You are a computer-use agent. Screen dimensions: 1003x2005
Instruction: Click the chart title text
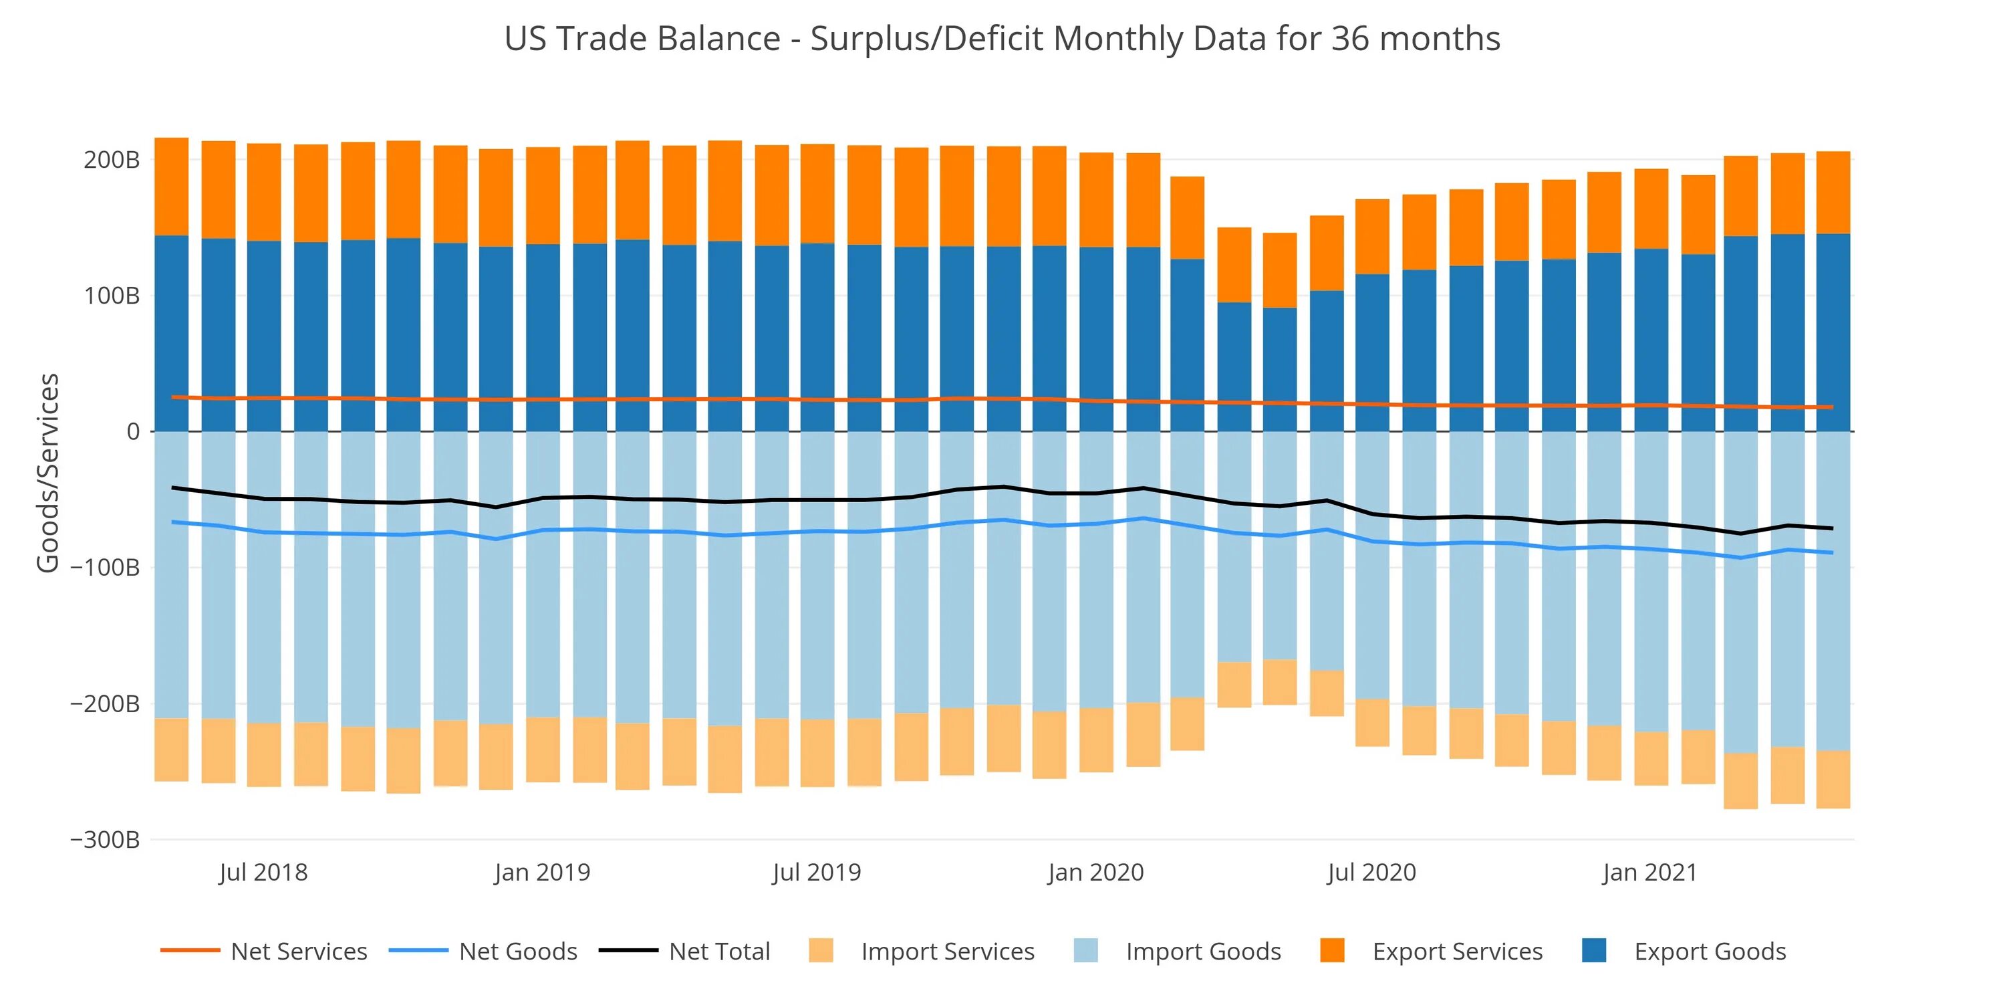(1002, 38)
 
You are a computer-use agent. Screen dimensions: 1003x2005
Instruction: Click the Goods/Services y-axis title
(48, 473)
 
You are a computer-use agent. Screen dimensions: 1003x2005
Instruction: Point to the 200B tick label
(112, 160)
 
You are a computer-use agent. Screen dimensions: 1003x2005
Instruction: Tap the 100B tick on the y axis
(112, 296)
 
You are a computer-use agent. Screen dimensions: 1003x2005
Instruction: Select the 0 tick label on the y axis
(133, 431)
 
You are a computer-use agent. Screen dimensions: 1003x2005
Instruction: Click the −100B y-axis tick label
(105, 568)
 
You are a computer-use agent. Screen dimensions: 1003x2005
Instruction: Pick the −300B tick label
(105, 839)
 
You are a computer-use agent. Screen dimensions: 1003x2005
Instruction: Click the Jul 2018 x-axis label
(263, 872)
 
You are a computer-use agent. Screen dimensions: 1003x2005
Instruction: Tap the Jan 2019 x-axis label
(542, 872)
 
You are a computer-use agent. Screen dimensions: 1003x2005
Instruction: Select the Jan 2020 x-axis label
(1095, 872)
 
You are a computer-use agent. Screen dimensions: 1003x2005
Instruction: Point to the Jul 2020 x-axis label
(1371, 872)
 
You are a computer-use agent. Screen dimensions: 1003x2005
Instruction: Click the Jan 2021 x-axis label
(1649, 872)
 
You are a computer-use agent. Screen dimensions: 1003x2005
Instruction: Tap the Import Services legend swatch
(820, 951)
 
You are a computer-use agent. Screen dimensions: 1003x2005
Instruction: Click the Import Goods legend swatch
(1086, 951)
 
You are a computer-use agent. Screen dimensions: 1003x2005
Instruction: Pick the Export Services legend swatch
(1333, 951)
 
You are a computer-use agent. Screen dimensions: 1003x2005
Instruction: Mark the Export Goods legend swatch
(1594, 951)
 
